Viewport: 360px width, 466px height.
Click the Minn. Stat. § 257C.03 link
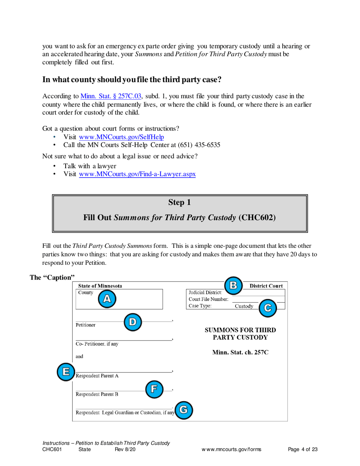click(x=109, y=96)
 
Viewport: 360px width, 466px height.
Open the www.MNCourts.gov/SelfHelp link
click(x=121, y=137)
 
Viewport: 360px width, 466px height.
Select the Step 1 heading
click(x=179, y=203)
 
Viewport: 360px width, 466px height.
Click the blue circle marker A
click(x=107, y=299)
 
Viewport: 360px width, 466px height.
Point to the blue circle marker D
click(x=132, y=322)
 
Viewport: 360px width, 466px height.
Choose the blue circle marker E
click(x=66, y=371)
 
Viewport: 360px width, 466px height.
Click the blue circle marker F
click(x=154, y=389)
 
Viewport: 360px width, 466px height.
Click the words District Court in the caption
click(x=266, y=286)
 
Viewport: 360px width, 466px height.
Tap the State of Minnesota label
click(x=100, y=286)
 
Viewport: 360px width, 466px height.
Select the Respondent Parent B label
click(x=97, y=394)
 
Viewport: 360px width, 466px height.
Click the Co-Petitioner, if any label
click(x=97, y=344)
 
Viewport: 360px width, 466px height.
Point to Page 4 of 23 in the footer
click(x=302, y=450)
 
